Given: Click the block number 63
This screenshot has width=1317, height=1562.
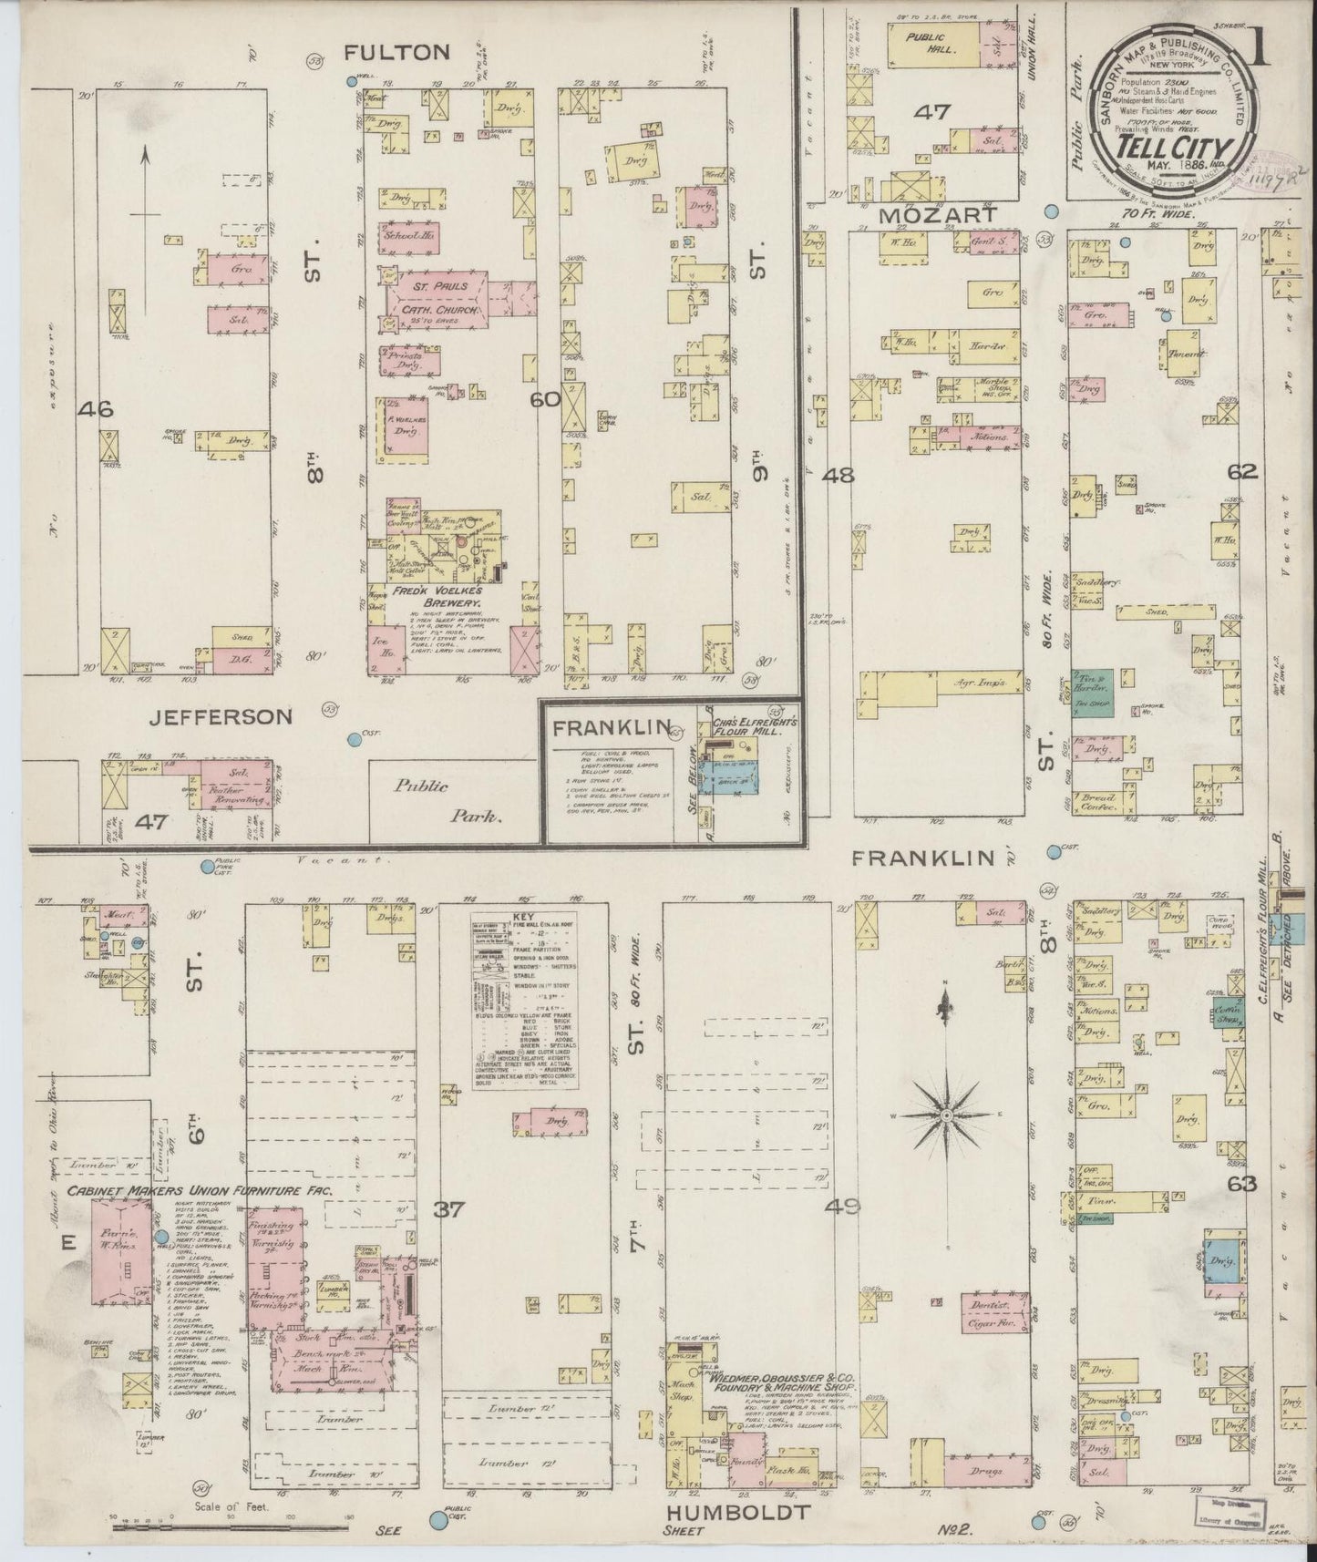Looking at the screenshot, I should point(1242,1185).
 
